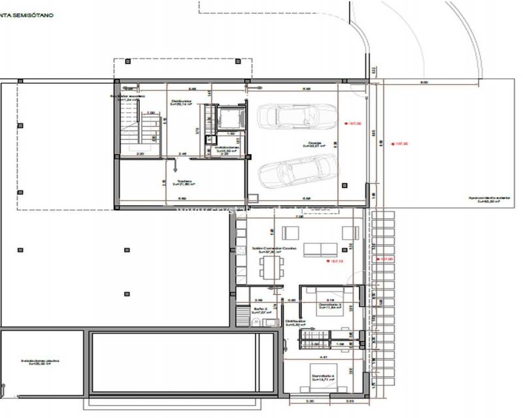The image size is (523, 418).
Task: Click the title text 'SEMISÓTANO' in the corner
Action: tap(33, 13)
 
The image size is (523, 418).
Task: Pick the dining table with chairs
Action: tap(271, 266)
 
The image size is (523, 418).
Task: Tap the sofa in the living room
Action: tap(320, 248)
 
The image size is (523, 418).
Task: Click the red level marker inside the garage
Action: tap(354, 122)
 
